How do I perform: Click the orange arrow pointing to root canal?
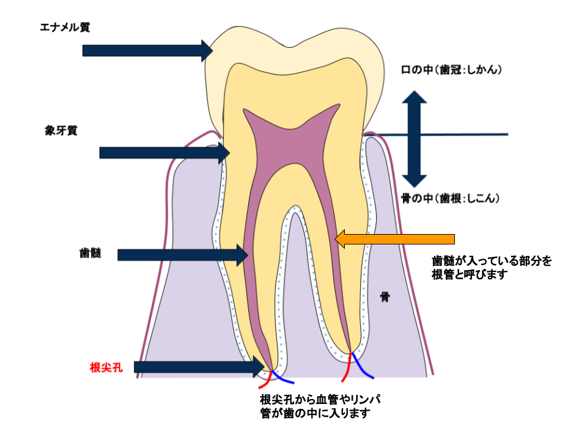pyautogui.click(x=395, y=238)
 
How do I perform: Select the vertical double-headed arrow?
pyautogui.click(x=415, y=139)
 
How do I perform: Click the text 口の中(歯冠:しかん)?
pyautogui.click(x=451, y=70)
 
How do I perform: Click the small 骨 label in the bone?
pyautogui.click(x=385, y=298)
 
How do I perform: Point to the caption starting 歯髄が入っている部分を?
pyautogui.click(x=492, y=268)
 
